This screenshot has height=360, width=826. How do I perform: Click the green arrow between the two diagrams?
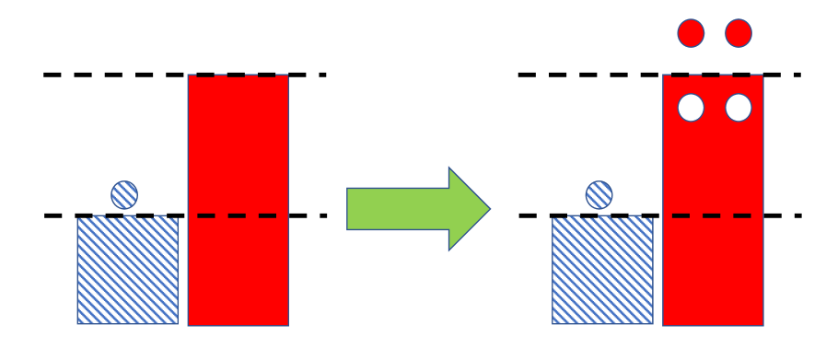(414, 209)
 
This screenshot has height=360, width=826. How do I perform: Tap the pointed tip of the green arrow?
(487, 209)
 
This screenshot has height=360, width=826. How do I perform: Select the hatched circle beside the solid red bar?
(124, 194)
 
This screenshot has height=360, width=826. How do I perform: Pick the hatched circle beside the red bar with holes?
(599, 194)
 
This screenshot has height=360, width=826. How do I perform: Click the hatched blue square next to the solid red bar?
(127, 269)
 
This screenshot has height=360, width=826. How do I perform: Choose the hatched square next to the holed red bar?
(602, 269)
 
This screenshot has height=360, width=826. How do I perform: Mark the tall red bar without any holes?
(238, 147)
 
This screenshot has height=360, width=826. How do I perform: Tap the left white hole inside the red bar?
(691, 109)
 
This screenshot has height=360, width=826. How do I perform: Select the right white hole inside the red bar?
(738, 109)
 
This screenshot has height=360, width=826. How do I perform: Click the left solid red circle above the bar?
(691, 34)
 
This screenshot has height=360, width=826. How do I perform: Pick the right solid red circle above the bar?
(738, 34)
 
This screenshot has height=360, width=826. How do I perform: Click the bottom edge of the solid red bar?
(238, 324)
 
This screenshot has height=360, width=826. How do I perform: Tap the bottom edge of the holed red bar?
(713, 324)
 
